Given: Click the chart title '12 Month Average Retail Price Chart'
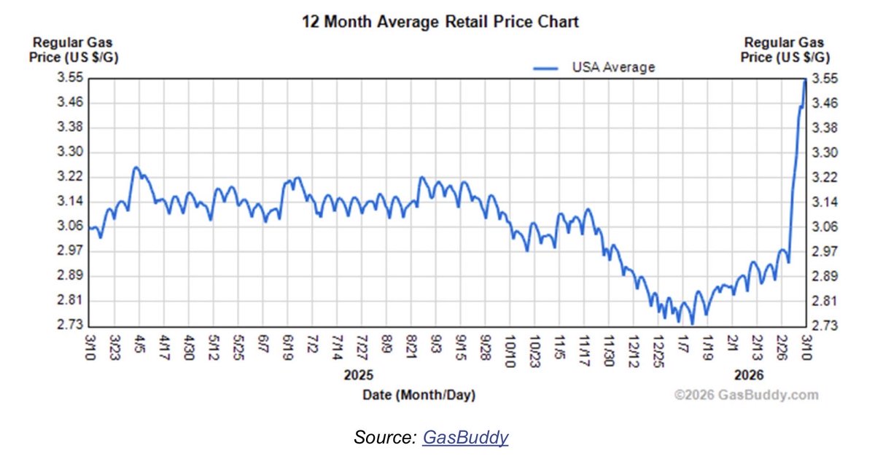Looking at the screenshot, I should click(x=440, y=22).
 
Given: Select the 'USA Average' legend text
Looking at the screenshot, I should click(x=613, y=68).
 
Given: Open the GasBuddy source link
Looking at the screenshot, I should click(x=465, y=438).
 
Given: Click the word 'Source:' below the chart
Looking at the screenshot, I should click(x=384, y=438).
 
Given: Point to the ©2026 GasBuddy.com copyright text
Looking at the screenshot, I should click(x=746, y=396).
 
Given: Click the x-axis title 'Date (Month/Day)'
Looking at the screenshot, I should click(x=419, y=396).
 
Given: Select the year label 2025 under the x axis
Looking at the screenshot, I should click(x=358, y=375).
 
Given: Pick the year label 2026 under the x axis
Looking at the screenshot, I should click(x=749, y=375).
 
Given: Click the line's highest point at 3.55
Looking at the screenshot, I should click(x=804, y=79).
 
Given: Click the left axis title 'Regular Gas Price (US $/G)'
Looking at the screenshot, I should click(x=72, y=50).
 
